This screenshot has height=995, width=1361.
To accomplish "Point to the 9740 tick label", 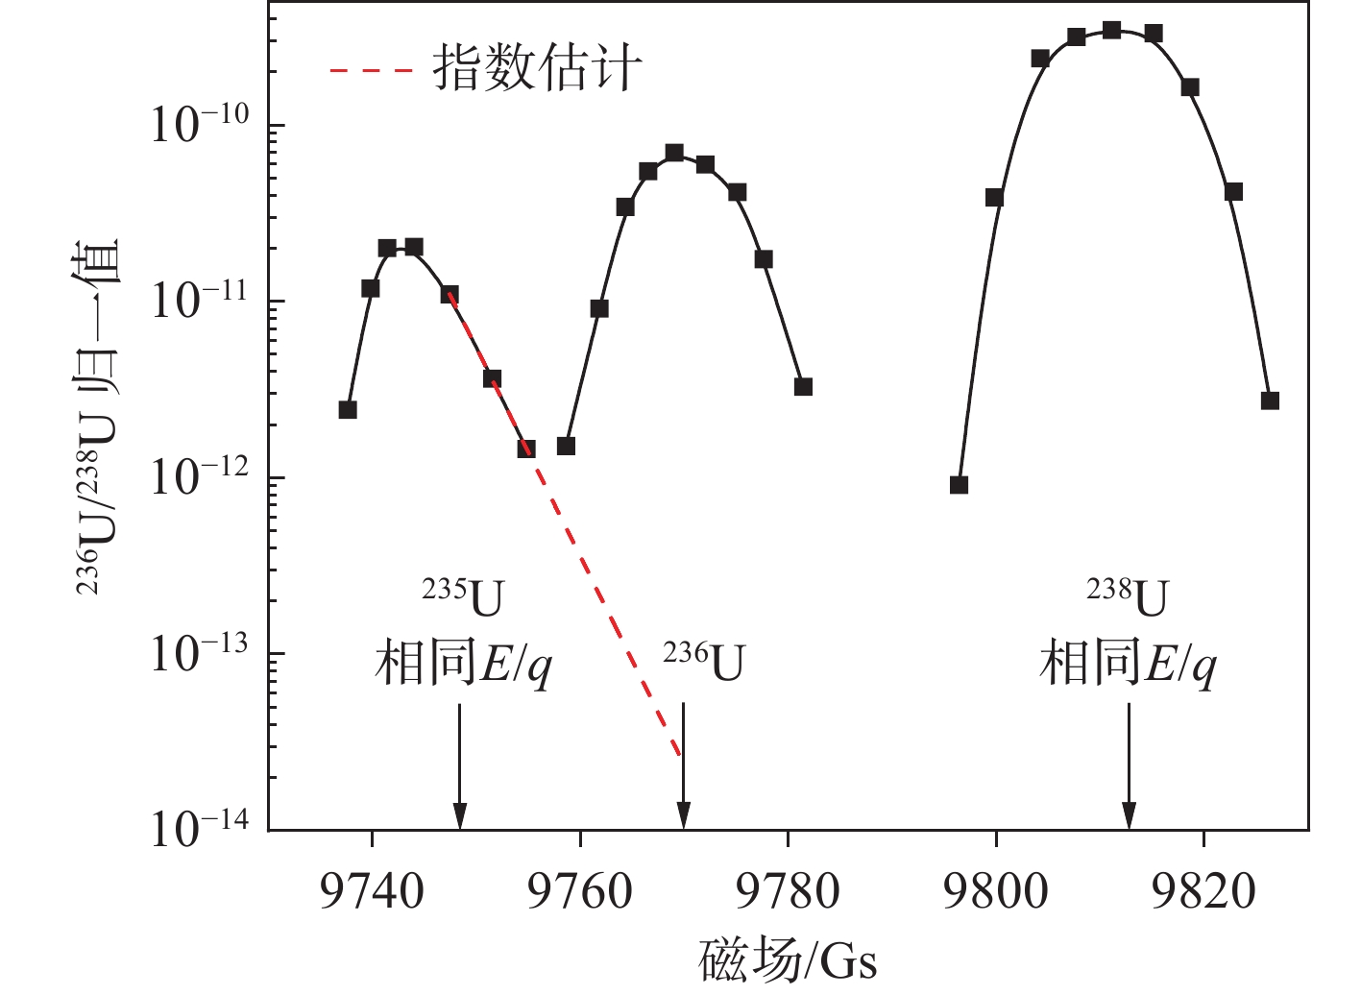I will point(372,892).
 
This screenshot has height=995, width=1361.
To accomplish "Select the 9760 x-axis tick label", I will point(579,892).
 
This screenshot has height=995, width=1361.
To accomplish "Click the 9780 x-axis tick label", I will point(788,892).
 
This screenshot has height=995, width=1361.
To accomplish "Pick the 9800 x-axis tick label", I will point(995,892).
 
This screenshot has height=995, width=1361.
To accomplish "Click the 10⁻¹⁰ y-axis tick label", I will point(200,122).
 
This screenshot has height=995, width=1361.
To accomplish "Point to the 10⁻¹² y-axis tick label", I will point(200,474).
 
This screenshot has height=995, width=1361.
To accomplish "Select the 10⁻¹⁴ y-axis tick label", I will point(200,826).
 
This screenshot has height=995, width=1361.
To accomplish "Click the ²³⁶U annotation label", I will point(704,662).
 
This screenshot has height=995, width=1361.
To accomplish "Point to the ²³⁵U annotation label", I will point(463,597).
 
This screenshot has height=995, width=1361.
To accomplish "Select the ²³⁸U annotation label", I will point(1128,597).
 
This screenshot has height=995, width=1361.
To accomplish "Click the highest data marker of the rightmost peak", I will point(1112,30).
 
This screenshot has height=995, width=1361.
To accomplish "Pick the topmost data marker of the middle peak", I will point(674,153).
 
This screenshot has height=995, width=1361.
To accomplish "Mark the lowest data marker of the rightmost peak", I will point(959,485).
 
